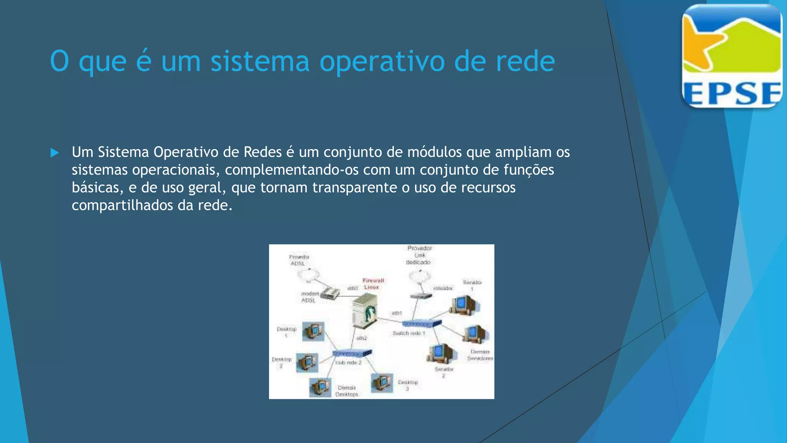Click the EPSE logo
click(732, 56)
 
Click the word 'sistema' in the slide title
click(260, 62)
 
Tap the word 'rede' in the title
click(525, 62)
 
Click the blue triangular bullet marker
click(55, 153)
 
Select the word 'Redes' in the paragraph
click(262, 152)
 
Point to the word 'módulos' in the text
click(434, 152)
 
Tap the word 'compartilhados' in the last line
click(123, 205)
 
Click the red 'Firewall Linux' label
click(373, 284)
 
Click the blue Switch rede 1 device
click(422, 324)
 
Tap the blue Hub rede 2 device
click(352, 353)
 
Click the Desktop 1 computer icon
click(313, 331)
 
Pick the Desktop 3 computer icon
click(382, 383)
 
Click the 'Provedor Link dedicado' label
click(419, 255)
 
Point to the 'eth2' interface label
click(362, 338)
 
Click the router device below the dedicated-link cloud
click(421, 296)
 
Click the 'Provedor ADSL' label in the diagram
click(299, 260)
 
